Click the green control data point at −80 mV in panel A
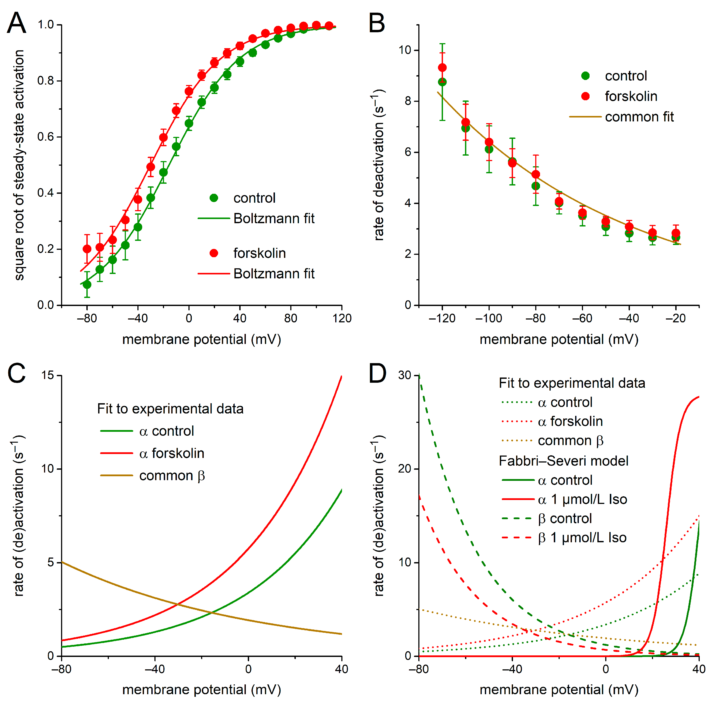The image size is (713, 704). pyautogui.click(x=87, y=284)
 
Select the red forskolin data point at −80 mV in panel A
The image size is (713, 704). pyautogui.click(x=87, y=249)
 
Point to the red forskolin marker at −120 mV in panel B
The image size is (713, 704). pyautogui.click(x=442, y=68)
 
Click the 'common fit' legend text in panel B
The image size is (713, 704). pyautogui.click(x=639, y=117)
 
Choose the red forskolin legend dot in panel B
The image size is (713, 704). pyautogui.click(x=585, y=96)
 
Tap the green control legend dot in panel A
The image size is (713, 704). pyautogui.click(x=214, y=198)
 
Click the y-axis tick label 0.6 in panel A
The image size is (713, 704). pyautogui.click(x=46, y=137)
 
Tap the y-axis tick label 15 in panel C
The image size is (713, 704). pyautogui.click(x=47, y=375)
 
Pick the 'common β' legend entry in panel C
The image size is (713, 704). pyautogui.click(x=172, y=476)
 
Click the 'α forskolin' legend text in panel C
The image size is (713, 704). pyautogui.click(x=172, y=453)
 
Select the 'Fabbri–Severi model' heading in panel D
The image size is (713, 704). pyautogui.click(x=564, y=461)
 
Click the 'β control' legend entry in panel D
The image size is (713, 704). pyautogui.click(x=565, y=519)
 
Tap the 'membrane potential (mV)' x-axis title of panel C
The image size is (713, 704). pyautogui.click(x=202, y=690)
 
